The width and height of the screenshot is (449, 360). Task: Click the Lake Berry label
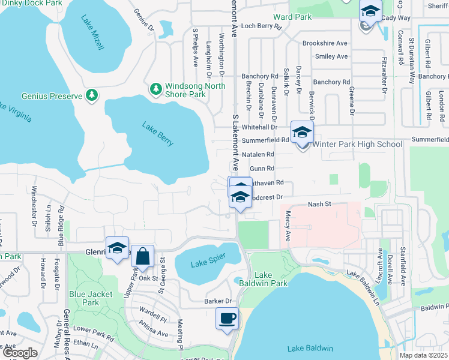coord(158,134)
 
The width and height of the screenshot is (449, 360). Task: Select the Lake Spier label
coord(199,263)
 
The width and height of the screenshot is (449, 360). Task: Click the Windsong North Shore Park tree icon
coord(156,89)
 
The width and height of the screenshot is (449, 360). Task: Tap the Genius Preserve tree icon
coord(92,95)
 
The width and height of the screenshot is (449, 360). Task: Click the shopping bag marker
coord(143,256)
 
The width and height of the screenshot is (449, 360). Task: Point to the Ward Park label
coord(292,17)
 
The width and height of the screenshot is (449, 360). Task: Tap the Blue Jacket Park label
coord(84,298)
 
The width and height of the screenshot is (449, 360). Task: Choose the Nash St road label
coord(320,205)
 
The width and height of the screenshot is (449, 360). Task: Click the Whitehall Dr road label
coord(259,127)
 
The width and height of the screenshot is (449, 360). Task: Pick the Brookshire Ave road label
coord(325,43)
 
